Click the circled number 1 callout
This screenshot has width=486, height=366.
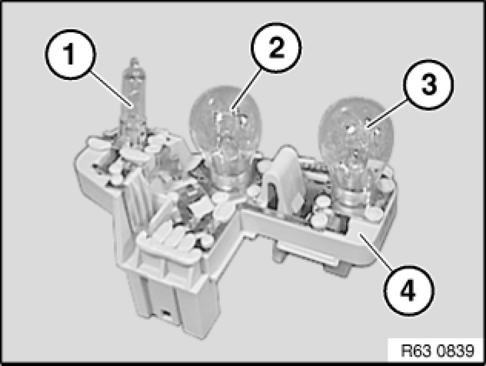click(71, 54)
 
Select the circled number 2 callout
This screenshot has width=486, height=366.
click(276, 48)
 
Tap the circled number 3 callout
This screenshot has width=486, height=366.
click(429, 84)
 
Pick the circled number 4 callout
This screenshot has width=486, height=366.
click(409, 290)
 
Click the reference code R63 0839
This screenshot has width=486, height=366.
click(437, 350)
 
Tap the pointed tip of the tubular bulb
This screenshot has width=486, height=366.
click(134, 58)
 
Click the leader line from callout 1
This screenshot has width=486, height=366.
click(112, 90)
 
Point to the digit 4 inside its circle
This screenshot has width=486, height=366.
click(409, 291)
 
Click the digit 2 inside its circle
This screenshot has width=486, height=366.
click(276, 48)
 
